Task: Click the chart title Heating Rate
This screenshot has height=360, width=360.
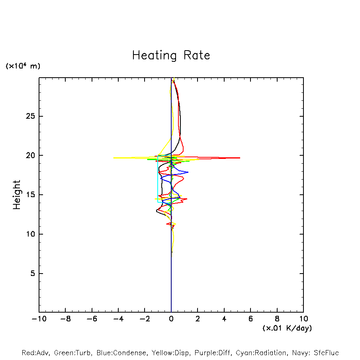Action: [171, 55]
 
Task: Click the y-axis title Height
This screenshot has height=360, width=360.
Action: [17, 195]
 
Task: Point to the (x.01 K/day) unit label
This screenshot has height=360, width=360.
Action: [287, 328]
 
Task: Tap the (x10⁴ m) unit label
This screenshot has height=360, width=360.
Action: [23, 66]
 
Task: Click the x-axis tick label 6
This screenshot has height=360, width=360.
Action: [250, 319]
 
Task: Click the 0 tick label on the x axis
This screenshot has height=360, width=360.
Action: [171, 319]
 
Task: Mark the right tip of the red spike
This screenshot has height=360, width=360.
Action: [240, 158]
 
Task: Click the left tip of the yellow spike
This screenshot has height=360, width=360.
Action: [113, 158]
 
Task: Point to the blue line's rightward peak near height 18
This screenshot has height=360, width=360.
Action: [188, 172]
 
